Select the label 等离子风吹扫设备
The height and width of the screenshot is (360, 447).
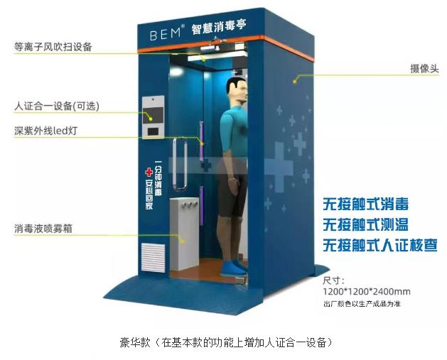tap(53, 47)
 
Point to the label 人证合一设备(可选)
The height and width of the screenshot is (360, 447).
tap(57, 107)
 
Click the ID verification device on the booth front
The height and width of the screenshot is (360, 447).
tap(152, 117)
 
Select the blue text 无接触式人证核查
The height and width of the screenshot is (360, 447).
tap(379, 246)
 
